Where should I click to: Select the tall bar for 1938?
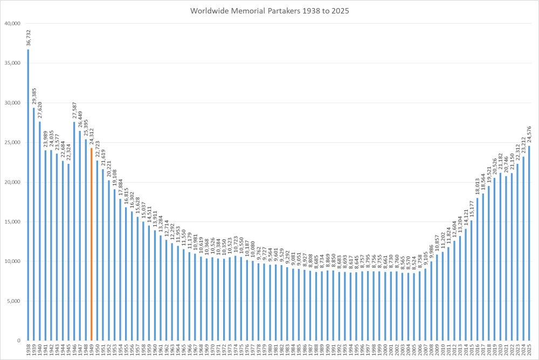click(x=28, y=194)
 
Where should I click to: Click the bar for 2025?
click(x=529, y=243)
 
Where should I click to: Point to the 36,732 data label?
click(x=28, y=39)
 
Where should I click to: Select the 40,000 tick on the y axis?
click(x=12, y=23)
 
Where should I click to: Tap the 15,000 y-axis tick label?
click(x=12, y=221)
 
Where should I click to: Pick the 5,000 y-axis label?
click(x=13, y=301)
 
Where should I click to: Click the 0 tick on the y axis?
click(x=18, y=341)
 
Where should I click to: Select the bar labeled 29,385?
click(x=34, y=224)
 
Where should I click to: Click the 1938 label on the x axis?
click(x=28, y=350)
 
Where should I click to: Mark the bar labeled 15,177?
click(x=472, y=280)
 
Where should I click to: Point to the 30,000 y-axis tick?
click(x=12, y=102)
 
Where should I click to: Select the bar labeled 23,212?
click(x=523, y=248)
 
